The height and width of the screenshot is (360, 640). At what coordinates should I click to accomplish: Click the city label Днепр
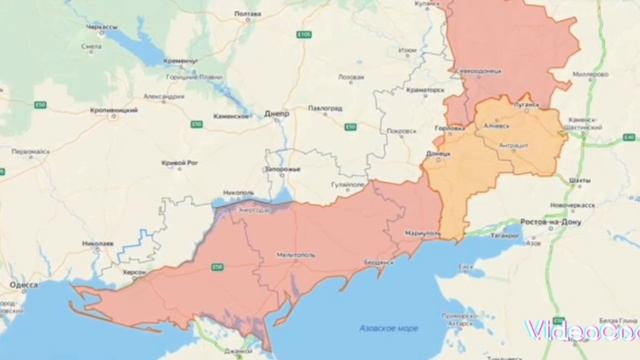click(x=277, y=114)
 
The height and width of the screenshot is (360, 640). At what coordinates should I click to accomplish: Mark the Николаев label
click(x=98, y=243)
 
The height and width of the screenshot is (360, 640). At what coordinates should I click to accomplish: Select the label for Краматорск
click(x=424, y=89)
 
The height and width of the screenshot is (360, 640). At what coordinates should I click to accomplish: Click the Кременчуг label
click(x=182, y=59)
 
